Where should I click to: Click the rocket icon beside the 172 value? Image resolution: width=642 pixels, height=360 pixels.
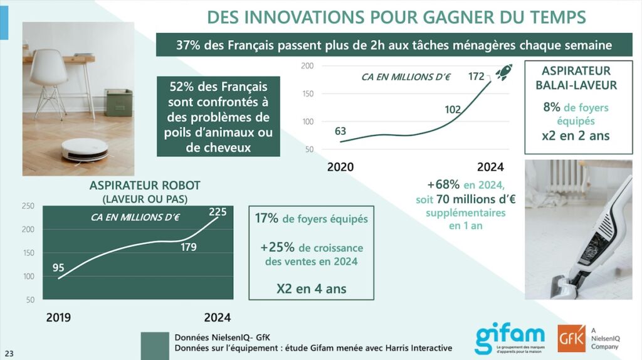(x=503, y=73)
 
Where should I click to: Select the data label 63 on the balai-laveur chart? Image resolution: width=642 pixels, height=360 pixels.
(x=340, y=131)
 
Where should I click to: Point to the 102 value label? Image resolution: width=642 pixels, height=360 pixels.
(x=453, y=109)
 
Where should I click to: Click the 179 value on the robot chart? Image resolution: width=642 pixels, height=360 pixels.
(x=188, y=247)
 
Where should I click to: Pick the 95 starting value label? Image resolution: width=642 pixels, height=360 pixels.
(x=58, y=268)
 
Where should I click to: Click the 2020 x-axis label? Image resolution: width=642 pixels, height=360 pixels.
(x=340, y=167)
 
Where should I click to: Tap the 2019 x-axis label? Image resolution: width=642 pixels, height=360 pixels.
(x=58, y=317)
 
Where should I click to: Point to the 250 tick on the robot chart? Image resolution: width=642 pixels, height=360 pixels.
(x=28, y=206)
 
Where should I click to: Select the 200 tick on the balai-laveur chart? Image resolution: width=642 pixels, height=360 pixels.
(x=307, y=66)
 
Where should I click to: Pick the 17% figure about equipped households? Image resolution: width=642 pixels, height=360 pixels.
(x=266, y=219)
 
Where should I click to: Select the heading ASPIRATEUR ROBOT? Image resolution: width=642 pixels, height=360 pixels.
(x=145, y=186)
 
